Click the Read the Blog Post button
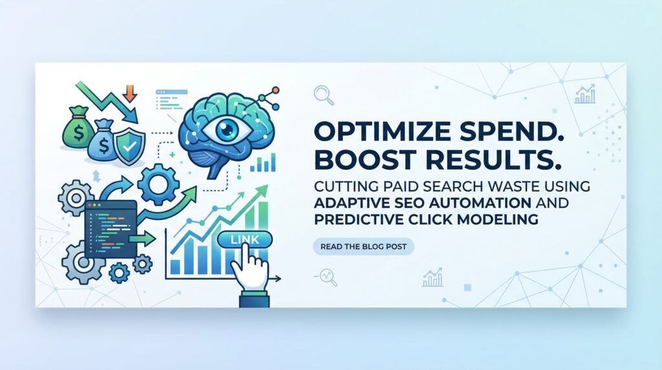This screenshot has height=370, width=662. tap(363, 246)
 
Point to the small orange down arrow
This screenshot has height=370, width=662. tap(130, 94)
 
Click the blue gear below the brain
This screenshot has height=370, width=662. tap(155, 185)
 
